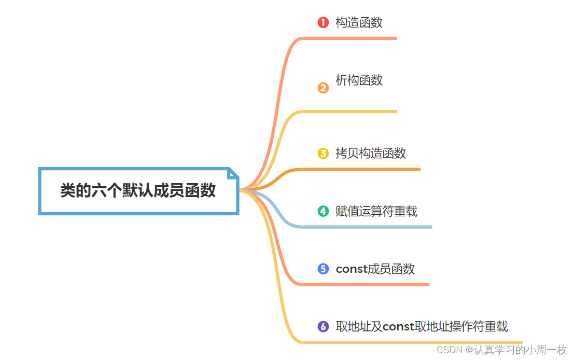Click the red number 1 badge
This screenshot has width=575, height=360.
tap(323, 22)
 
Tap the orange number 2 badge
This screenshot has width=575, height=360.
tap(323, 88)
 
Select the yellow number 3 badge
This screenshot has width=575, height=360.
tap(323, 154)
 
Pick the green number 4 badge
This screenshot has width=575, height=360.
tap(323, 211)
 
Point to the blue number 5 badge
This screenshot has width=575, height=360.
tap(323, 269)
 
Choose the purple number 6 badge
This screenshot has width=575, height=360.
tap(323, 326)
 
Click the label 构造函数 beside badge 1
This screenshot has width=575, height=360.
tap(359, 22)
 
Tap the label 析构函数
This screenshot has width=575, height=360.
tap(359, 80)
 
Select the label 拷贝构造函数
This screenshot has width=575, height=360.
tap(371, 153)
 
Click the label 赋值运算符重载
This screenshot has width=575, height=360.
tap(376, 211)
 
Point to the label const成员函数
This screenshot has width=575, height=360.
tap(375, 269)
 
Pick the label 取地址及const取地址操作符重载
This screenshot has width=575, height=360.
tap(422, 326)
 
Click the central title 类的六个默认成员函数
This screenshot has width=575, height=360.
tap(138, 190)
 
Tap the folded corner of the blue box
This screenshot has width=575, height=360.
tap(233, 173)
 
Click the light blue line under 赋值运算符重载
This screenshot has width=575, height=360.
tap(367, 227)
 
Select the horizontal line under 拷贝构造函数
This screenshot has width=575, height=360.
tap(361, 169)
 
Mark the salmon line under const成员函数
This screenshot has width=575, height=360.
tap(366, 284)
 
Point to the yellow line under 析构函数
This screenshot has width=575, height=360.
tap(349, 112)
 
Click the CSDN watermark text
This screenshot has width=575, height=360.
tap(502, 350)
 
